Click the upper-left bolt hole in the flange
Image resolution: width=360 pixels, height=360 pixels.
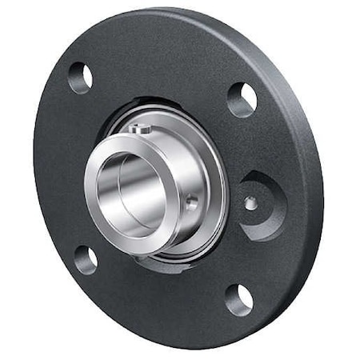click(x=80, y=78)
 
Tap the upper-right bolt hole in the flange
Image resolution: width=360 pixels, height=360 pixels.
click(x=242, y=99)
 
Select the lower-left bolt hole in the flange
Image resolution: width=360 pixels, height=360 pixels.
click(x=86, y=259)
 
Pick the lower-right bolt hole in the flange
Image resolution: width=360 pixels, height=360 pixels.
click(x=238, y=299)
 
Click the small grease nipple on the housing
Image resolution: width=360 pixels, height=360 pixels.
click(x=250, y=202)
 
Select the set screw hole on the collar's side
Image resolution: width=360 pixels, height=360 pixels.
click(x=192, y=204)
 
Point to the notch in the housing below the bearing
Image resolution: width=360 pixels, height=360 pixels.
click(x=160, y=265)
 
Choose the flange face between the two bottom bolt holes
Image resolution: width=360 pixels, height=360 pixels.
click(x=160, y=300)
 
